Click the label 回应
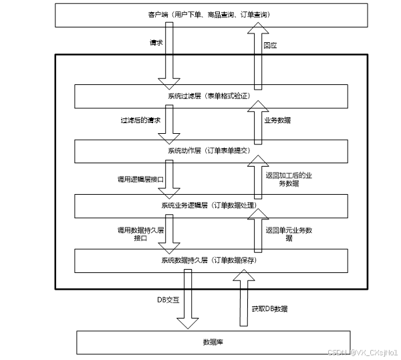(x=270, y=46)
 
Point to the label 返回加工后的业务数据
(x=289, y=179)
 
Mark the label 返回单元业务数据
(x=289, y=233)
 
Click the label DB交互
(x=168, y=300)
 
